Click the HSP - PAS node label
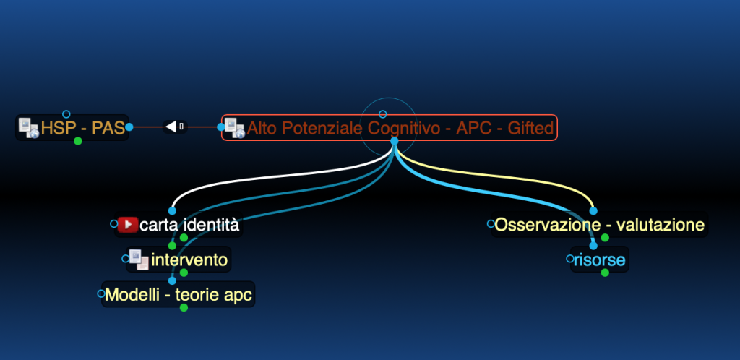tap(83, 128)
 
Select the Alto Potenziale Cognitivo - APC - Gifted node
tap(390, 127)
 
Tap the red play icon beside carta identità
tap(127, 225)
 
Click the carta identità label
tap(190, 225)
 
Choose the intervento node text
tap(189, 260)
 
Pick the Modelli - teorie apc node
tap(178, 294)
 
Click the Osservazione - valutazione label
tap(599, 225)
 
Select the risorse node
tap(600, 260)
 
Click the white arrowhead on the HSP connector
tap(171, 127)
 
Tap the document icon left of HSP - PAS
tap(28, 128)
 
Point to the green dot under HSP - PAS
tap(78, 141)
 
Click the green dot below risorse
tap(605, 273)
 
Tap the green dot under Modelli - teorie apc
tap(184, 308)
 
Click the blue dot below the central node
tap(395, 141)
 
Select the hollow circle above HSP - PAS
tap(66, 114)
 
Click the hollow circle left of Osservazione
tap(491, 224)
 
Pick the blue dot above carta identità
tap(172, 211)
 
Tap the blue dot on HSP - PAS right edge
tap(129, 127)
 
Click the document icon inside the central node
tap(234, 128)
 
